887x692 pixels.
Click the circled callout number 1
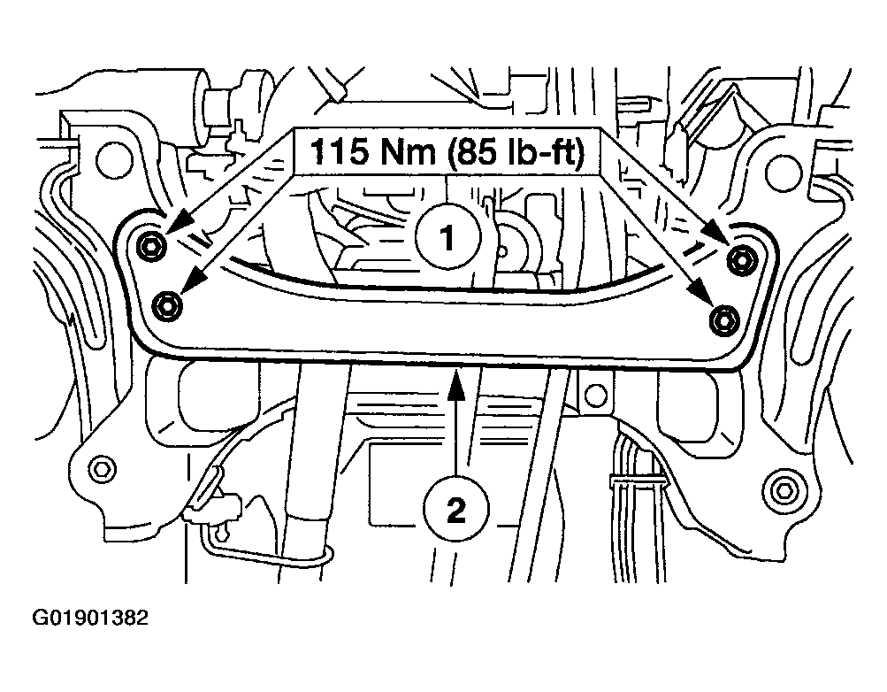[448, 238]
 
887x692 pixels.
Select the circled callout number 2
[456, 511]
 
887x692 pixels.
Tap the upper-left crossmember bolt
[150, 247]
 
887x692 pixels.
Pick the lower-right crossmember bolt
[723, 321]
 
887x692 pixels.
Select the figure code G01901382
[90, 618]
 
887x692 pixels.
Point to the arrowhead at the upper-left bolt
[177, 223]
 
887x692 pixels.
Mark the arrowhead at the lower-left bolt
[195, 281]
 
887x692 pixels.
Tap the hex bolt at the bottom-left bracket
[103, 469]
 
